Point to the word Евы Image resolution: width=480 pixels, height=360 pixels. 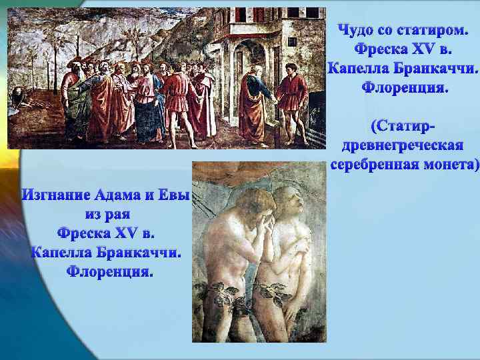174,195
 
